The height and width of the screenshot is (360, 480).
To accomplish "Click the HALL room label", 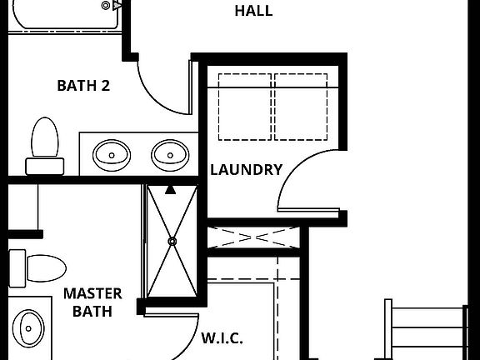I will (x=253, y=11).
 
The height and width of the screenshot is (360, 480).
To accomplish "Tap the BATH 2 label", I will (x=83, y=85).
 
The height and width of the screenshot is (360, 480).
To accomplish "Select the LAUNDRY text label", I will (x=246, y=170).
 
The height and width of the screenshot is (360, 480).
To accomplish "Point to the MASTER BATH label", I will (x=92, y=302).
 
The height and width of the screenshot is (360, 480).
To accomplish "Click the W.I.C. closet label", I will (x=222, y=338).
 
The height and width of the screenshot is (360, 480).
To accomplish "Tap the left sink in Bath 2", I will (x=111, y=154).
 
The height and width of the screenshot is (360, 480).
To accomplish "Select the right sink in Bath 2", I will (x=169, y=154).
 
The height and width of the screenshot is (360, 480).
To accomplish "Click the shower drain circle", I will (x=172, y=242).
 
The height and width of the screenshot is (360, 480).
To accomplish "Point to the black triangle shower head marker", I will (x=170, y=189).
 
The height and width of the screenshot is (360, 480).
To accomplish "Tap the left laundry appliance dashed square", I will (x=245, y=106).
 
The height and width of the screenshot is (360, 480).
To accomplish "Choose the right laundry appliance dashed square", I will (x=302, y=106).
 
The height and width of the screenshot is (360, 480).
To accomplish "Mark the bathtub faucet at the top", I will (x=107, y=6).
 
